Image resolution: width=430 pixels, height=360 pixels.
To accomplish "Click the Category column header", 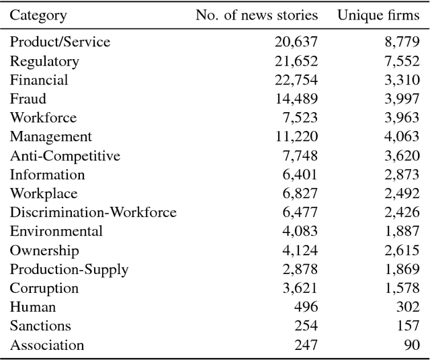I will pos(38,15).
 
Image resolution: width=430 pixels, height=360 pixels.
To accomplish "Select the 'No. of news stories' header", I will pos(257,15).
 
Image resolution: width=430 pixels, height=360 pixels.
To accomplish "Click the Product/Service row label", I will pos(60,42).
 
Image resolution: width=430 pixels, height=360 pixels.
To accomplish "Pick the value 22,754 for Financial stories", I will pos(296,80).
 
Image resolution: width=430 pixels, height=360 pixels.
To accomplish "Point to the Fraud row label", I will pos(28,99).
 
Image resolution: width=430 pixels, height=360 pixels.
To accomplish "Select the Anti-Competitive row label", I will pos(65,156).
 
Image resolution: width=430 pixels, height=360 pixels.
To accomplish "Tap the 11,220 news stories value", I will pos(296,137).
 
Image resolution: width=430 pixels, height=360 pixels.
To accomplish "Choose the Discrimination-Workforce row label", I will pos(93,213).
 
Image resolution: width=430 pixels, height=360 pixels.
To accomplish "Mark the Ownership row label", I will pos(44,251).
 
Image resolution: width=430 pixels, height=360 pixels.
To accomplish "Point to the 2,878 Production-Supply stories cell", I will pos(300,269).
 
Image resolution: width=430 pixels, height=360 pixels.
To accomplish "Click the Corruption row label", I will pos(44,289).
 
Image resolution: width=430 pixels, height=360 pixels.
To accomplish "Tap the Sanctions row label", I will pos(40,326).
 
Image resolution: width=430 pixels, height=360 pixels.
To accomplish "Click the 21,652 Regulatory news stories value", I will pos(296,61).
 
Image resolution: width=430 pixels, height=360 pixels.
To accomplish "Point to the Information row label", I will pos(47,175).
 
